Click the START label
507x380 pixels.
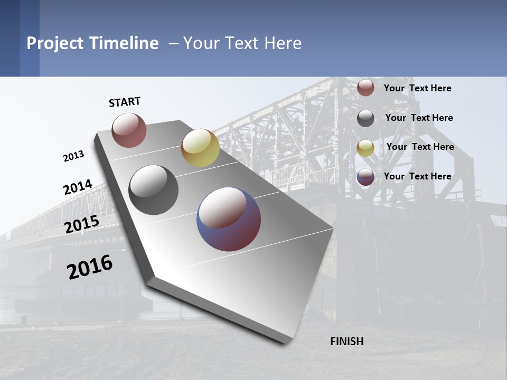click(x=125, y=102)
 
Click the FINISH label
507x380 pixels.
click(x=346, y=341)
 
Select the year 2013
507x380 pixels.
click(x=74, y=156)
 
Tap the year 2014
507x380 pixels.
click(x=78, y=187)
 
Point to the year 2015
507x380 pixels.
click(x=82, y=224)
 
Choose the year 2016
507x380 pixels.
click(x=90, y=267)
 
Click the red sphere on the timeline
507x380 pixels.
click(x=129, y=130)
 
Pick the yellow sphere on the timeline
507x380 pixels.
click(x=200, y=148)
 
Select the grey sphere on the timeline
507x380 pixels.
click(x=154, y=190)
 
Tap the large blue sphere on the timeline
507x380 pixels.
click(x=229, y=219)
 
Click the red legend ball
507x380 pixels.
click(x=365, y=88)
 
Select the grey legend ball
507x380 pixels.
click(x=365, y=118)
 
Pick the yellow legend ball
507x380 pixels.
click(x=365, y=148)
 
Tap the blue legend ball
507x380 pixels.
click(x=365, y=177)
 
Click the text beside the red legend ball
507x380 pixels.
click(x=417, y=88)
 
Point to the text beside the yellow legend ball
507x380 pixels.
click(x=420, y=147)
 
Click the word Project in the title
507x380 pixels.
click(x=55, y=43)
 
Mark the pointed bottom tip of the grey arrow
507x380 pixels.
click(x=285, y=344)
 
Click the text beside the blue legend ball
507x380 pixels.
click(x=417, y=176)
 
